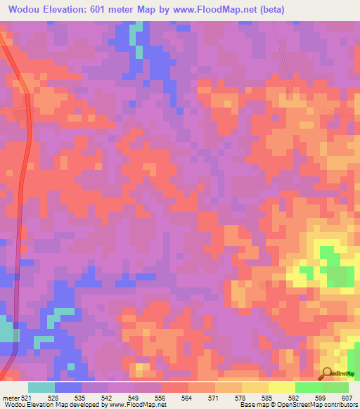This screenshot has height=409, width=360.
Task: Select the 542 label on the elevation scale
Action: tap(112, 397)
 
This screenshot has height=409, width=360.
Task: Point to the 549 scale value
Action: tap(139, 397)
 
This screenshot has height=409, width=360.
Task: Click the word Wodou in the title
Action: tap(28, 9)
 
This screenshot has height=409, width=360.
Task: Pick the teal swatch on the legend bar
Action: tap(41, 387)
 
